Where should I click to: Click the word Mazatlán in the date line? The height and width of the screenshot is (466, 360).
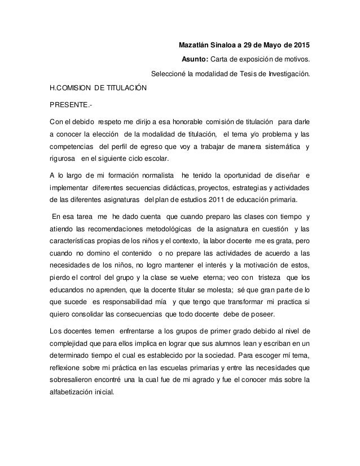tap(194, 45)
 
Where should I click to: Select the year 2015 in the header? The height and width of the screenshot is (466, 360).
tap(300, 45)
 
